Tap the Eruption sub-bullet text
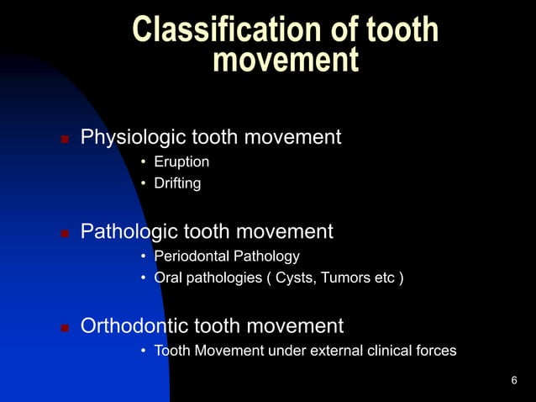[181, 161]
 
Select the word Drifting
[177, 182]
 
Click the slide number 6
[513, 382]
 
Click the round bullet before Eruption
[144, 161]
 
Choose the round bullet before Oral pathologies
[144, 279]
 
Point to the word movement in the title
[286, 61]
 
